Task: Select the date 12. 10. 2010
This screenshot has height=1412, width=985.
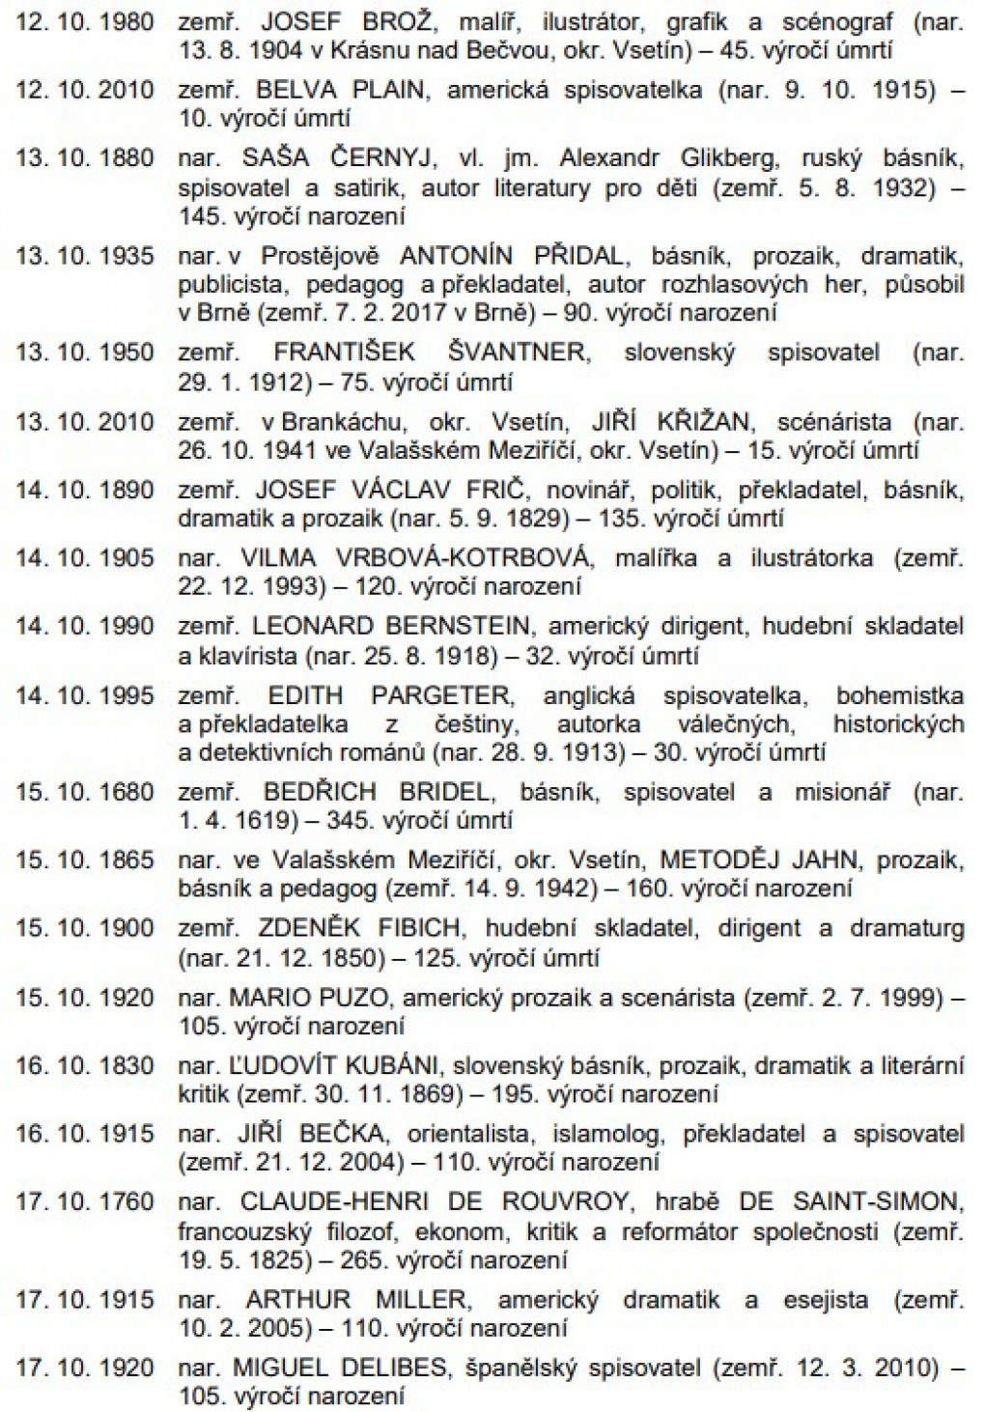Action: pos(84,90)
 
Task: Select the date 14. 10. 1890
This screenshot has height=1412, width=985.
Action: pos(84,490)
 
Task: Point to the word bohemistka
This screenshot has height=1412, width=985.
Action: pos(900,695)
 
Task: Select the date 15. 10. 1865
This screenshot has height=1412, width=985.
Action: pos(84,860)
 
